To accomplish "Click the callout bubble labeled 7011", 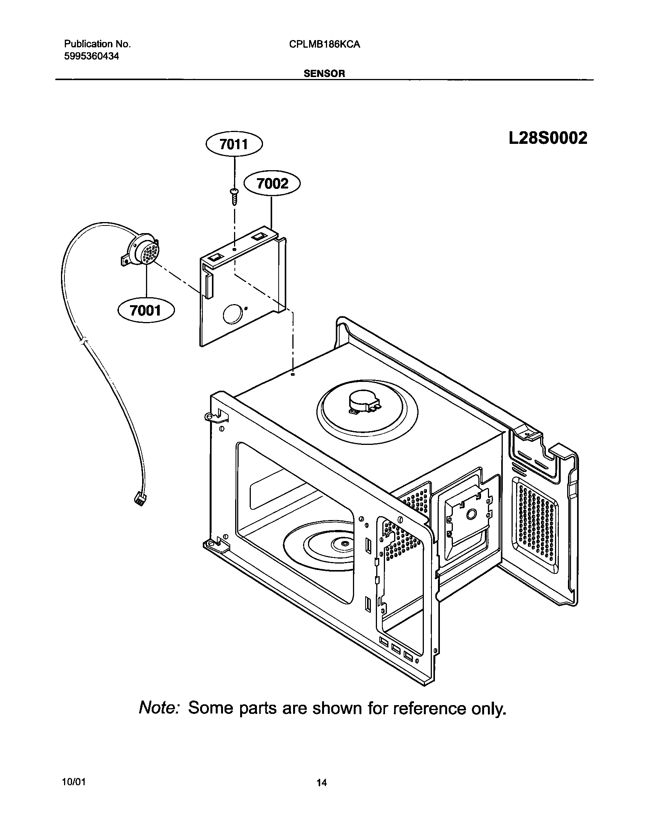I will [234, 145].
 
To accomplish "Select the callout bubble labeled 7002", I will [272, 184].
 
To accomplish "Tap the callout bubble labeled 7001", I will [146, 311].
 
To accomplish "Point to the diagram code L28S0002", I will [548, 138].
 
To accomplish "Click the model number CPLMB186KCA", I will [324, 45].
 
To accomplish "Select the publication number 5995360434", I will [92, 56].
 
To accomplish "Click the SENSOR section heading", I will [324, 74].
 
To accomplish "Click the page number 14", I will [321, 783].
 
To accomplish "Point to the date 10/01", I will [73, 782].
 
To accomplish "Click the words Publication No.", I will [97, 44].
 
